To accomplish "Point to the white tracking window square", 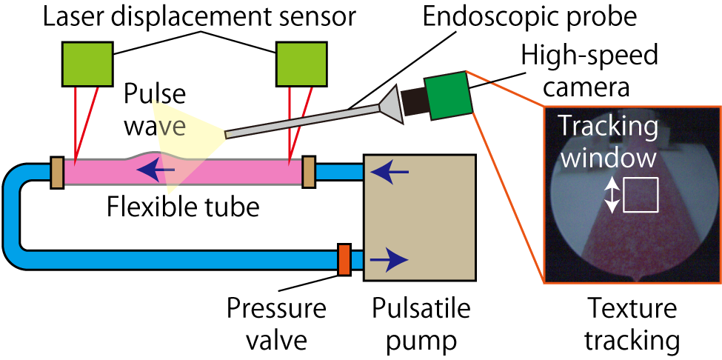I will point(641,196).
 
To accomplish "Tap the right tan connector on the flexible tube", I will point(309,172).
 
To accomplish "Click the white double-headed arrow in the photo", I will point(611,196).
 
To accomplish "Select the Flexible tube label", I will point(183,207).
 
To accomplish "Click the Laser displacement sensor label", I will point(192,15).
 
